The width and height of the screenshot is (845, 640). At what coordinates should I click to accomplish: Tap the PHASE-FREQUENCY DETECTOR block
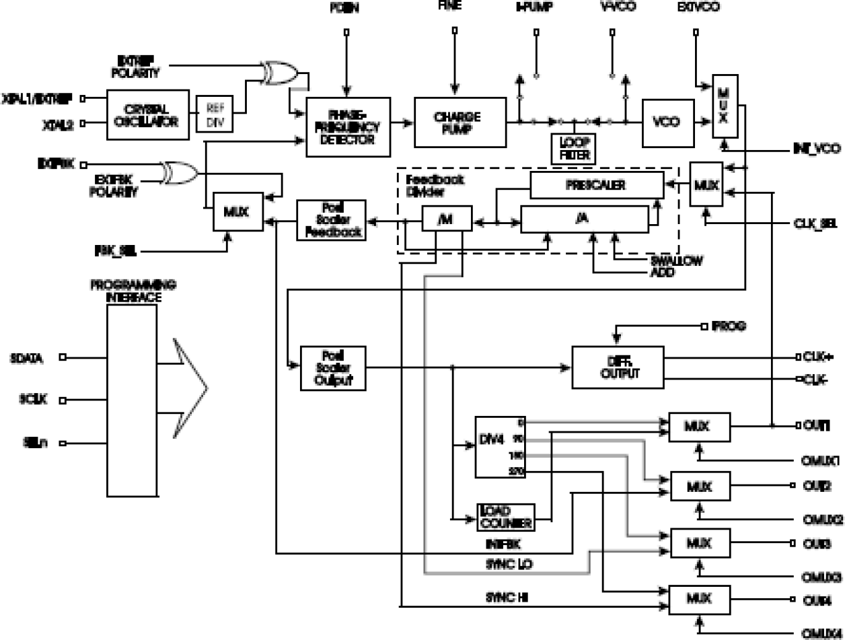[x=348, y=127]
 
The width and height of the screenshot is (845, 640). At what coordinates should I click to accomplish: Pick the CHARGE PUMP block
[x=459, y=122]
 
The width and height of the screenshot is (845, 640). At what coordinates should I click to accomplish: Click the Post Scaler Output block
[x=333, y=367]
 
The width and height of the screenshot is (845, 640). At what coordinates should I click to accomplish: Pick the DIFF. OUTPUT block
[x=618, y=367]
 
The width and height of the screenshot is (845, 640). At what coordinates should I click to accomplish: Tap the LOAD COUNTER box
[x=505, y=517]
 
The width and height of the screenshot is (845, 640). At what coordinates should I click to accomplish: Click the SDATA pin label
[x=32, y=358]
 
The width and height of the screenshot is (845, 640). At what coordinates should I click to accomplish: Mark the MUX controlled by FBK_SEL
[x=238, y=211]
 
